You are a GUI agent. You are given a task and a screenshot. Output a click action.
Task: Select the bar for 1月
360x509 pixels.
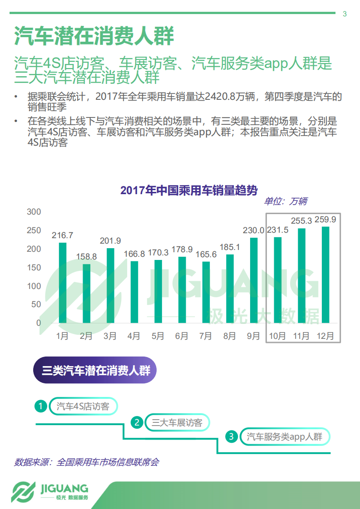pyautogui.click(x=63, y=283)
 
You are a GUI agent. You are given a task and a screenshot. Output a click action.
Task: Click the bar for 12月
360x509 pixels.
pyautogui.click(x=325, y=274)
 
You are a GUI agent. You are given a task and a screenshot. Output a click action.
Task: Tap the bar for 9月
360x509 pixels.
pyautogui.click(x=254, y=280)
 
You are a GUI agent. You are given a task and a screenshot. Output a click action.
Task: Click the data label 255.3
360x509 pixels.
pyautogui.click(x=301, y=221)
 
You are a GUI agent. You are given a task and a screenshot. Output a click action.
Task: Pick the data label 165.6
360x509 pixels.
pyautogui.click(x=206, y=254)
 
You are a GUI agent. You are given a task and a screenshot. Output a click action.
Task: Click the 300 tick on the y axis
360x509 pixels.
pyautogui.click(x=34, y=212)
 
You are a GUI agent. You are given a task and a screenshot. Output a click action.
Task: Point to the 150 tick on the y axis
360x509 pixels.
pyautogui.click(x=34, y=268)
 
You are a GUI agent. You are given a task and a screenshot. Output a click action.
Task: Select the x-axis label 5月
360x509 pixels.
pyautogui.click(x=158, y=336)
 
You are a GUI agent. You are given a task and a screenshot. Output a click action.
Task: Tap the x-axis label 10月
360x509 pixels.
pyautogui.click(x=277, y=336)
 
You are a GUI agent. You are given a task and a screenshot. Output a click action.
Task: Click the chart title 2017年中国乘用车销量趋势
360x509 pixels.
pyautogui.click(x=188, y=191)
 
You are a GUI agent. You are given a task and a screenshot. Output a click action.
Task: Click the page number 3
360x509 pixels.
pyautogui.click(x=345, y=14)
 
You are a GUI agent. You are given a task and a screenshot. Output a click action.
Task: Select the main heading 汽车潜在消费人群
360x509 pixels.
pyautogui.click(x=94, y=36)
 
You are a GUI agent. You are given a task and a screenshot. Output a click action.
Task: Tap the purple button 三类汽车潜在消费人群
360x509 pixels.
pyautogui.click(x=95, y=371)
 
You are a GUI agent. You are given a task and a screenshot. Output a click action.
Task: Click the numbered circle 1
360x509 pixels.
pyautogui.click(x=41, y=406)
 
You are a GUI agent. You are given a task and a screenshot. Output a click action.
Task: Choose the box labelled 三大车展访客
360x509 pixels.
pyautogui.click(x=177, y=423)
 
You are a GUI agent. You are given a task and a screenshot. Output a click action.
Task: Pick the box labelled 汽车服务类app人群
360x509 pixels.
pyautogui.click(x=285, y=437)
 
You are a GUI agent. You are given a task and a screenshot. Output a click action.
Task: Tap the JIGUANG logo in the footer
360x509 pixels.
pyautogui.click(x=50, y=492)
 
